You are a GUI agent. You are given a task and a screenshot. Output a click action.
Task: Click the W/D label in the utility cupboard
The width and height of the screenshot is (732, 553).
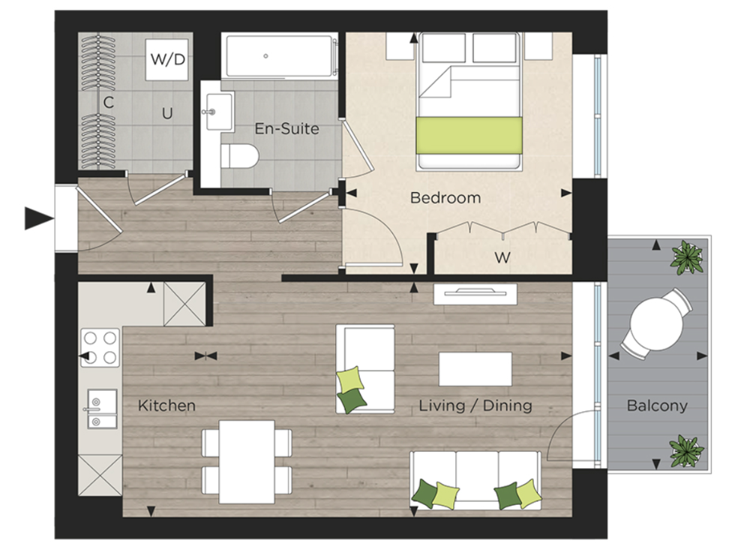point(168,59)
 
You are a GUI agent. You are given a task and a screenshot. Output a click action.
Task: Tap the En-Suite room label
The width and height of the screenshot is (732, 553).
point(286,128)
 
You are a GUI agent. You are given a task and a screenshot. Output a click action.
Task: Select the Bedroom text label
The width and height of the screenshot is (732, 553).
point(445,198)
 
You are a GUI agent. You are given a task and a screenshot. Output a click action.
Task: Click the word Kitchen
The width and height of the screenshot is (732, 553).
point(166,406)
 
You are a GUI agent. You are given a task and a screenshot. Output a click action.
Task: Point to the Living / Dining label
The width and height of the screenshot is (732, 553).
point(475,406)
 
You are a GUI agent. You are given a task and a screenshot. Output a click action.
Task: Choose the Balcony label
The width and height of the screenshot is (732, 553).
point(657,406)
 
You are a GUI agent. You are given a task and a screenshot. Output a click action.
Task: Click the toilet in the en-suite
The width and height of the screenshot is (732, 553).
point(241,158)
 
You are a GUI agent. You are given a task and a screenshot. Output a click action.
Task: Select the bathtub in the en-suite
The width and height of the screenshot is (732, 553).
point(277,56)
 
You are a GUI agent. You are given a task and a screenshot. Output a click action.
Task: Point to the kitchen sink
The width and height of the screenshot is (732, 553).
point(100,409)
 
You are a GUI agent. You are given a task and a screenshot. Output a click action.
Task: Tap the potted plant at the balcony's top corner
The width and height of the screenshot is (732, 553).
point(687,257)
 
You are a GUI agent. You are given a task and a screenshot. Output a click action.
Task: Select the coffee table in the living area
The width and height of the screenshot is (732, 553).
point(475,369)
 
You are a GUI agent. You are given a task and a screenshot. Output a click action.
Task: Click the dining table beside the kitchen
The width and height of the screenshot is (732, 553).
point(247,461)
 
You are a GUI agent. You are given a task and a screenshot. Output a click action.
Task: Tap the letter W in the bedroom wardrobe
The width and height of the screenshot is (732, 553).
point(502,258)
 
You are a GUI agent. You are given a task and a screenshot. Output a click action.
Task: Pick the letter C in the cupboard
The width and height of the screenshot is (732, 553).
point(108,103)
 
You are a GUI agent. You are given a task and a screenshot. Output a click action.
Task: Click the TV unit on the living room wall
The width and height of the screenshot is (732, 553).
point(475,293)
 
